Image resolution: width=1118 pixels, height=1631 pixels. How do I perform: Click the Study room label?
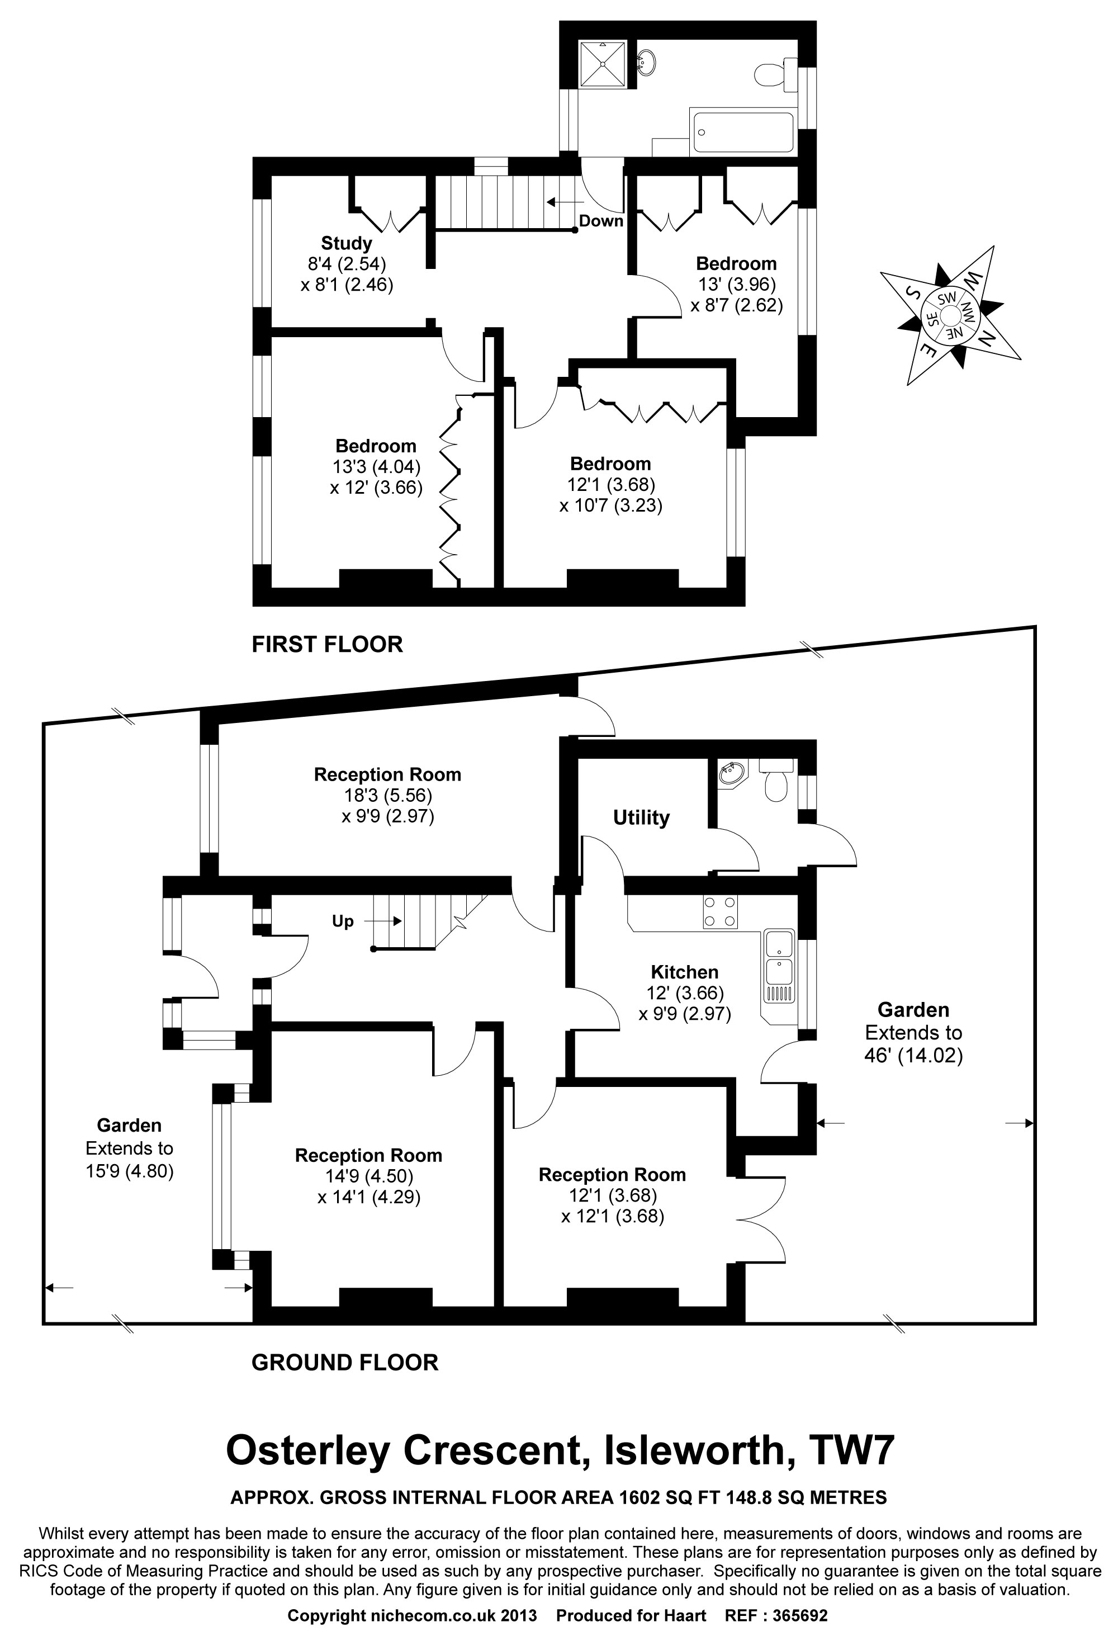(346, 244)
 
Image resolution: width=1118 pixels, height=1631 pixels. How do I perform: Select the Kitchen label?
(684, 972)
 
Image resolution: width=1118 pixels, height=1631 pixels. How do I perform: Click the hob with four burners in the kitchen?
(720, 913)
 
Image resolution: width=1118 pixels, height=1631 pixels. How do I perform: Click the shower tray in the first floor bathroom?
(605, 64)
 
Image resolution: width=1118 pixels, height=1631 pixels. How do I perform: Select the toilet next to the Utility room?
(776, 779)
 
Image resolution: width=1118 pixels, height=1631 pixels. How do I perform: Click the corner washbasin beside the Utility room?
(731, 774)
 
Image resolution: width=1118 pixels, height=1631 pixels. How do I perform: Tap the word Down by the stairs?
(601, 221)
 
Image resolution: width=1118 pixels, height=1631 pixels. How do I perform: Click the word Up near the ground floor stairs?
(343, 921)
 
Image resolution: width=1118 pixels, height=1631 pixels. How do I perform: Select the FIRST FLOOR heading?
(327, 644)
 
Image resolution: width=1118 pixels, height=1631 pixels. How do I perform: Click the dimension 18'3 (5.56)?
(387, 796)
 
